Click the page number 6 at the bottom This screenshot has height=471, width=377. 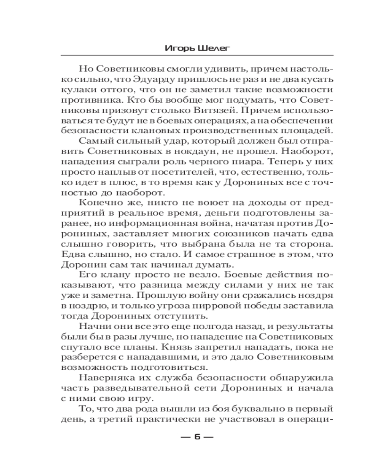pos(197,436)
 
